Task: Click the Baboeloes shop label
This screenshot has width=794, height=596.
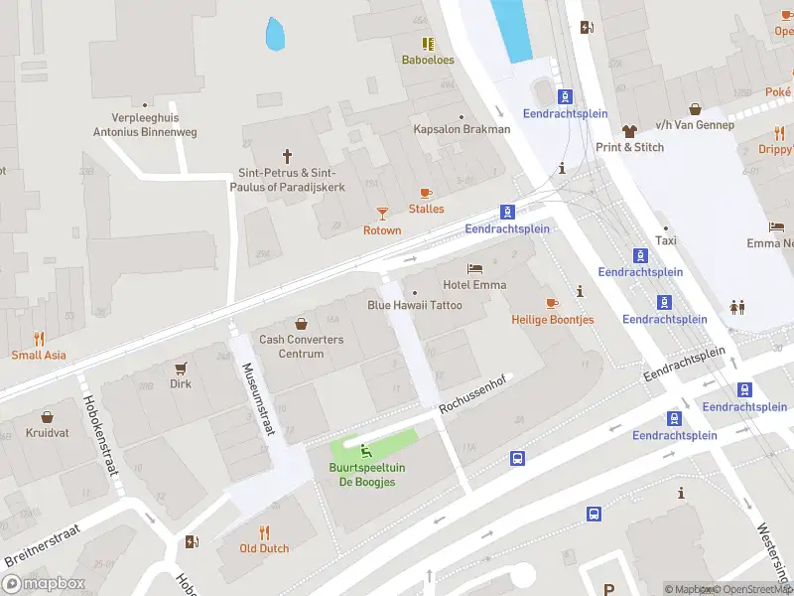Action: tap(428, 60)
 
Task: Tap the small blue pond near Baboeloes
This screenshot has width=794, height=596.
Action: tap(275, 36)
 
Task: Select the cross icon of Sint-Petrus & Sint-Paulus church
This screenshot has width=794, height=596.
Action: tap(288, 156)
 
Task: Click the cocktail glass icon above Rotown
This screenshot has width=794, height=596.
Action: tap(382, 214)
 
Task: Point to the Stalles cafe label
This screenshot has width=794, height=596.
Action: tap(426, 209)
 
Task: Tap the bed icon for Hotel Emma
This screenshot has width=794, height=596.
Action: tap(475, 268)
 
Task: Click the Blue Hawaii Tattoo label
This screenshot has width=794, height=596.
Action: tap(415, 305)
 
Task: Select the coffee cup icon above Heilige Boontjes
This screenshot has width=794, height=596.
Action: tap(553, 302)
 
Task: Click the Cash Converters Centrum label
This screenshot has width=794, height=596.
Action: tap(301, 347)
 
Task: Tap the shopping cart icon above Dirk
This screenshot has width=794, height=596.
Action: tap(181, 367)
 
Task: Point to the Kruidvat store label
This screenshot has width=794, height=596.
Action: tap(47, 434)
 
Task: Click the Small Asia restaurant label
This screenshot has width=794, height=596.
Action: tap(39, 355)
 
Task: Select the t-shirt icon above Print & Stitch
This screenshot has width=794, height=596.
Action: tap(629, 130)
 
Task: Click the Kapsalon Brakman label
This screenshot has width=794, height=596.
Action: tap(462, 129)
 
